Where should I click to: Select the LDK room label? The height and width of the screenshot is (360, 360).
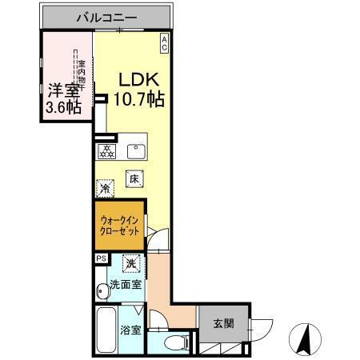click(x=141, y=81)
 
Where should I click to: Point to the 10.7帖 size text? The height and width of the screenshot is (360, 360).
click(x=142, y=100)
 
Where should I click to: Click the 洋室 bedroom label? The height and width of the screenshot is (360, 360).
click(x=62, y=91)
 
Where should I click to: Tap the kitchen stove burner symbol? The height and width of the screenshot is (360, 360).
click(x=106, y=150)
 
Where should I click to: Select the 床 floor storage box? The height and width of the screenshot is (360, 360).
click(x=134, y=181)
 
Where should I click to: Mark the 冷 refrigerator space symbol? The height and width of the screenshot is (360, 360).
click(x=105, y=190)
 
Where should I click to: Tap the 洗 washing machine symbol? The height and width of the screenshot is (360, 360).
click(x=130, y=262)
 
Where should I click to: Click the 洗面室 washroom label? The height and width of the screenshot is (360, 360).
click(x=126, y=284)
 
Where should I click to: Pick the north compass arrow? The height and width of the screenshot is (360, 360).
click(x=305, y=337)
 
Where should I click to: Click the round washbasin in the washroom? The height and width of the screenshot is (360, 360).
click(x=100, y=290)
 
